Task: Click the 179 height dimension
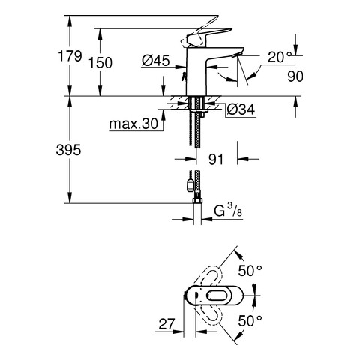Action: (x=70, y=56)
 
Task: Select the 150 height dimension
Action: (x=100, y=62)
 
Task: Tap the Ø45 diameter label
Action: (x=156, y=60)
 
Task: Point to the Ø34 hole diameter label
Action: (x=241, y=109)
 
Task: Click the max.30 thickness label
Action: (x=133, y=124)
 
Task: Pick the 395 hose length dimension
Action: (x=68, y=150)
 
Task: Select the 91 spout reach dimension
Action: (x=215, y=159)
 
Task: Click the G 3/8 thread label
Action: (x=228, y=211)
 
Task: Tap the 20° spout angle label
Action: (x=280, y=57)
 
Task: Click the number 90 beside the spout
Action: (x=295, y=76)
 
